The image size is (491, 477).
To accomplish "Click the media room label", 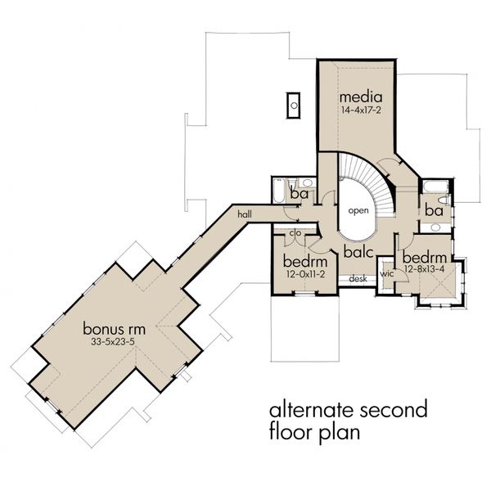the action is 361,97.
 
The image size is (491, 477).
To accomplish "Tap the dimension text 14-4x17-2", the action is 361,110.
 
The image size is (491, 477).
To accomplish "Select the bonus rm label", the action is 114,329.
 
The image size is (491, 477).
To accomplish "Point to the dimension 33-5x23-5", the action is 113,342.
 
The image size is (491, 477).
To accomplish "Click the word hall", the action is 245,214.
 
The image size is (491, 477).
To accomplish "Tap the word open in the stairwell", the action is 358,211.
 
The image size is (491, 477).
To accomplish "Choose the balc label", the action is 358,251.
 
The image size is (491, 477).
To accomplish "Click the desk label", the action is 358,278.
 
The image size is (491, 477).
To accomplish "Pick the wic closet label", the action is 387,274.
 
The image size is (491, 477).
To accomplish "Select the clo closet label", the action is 295,233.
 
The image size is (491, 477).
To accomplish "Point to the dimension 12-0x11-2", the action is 305,274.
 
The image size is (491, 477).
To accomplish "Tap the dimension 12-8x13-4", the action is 424,269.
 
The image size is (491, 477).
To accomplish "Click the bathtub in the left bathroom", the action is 278,191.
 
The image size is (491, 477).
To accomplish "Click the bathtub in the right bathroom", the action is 435,187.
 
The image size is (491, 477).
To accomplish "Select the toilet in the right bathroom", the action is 444,200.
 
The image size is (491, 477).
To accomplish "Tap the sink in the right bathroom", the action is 435,227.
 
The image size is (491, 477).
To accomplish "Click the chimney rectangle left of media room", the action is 294,106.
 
